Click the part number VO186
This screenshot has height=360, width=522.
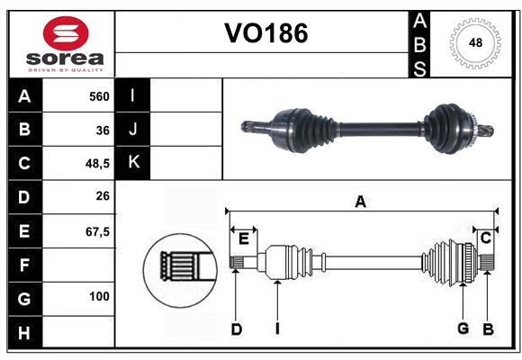[265, 33]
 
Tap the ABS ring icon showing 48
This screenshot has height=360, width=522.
[473, 42]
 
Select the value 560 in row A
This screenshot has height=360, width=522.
[98, 95]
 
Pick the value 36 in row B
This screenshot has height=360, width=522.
[102, 130]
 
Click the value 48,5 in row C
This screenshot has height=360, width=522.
[96, 164]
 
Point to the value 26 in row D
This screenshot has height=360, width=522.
[102, 197]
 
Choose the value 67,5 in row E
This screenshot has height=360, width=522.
[96, 231]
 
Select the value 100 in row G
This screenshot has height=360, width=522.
[98, 296]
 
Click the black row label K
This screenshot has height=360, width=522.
[133, 163]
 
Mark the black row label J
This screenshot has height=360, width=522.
[133, 130]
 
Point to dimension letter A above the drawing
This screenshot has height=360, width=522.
[360, 202]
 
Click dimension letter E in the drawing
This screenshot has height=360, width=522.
[244, 238]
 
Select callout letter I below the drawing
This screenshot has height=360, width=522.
[278, 328]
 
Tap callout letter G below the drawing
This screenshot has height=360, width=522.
[463, 328]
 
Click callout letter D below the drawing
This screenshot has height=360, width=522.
[236, 328]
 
